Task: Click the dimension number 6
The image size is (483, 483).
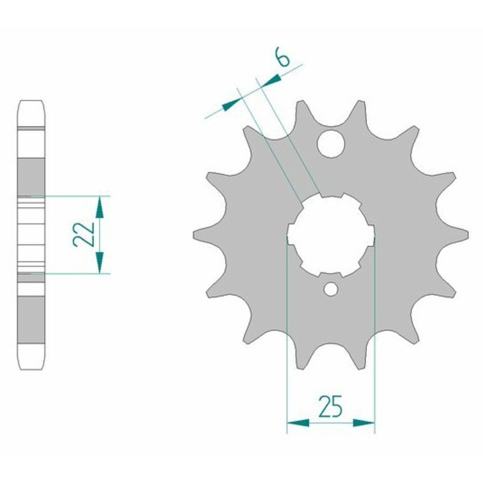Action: (x=283, y=56)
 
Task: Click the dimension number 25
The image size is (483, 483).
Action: (x=331, y=406)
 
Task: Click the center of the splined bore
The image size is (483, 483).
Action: (x=331, y=235)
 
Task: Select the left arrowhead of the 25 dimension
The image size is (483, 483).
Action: (x=298, y=423)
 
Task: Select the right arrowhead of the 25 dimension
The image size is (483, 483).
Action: (x=364, y=423)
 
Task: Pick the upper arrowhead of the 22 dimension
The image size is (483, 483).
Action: (x=99, y=207)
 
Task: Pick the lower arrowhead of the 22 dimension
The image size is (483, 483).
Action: (x=99, y=262)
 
